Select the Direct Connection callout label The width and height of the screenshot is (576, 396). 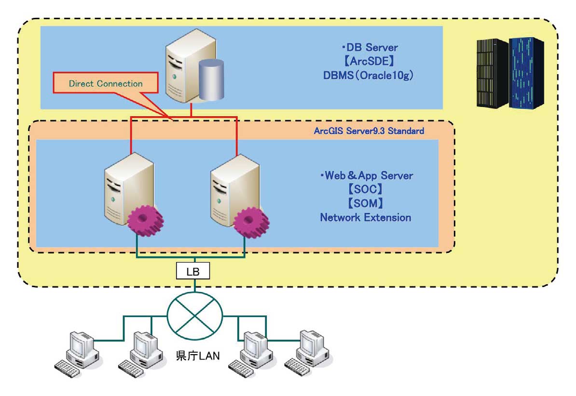[x=106, y=84]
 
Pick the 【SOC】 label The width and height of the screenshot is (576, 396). [x=366, y=189]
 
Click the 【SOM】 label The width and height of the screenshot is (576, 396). [x=366, y=203]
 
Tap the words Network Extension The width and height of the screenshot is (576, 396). [x=366, y=217]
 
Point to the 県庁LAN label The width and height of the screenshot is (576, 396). [x=195, y=356]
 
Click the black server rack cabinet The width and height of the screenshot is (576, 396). [x=492, y=72]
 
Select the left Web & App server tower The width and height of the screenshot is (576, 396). [x=127, y=188]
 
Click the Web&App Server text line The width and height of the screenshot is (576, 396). [x=366, y=175]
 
